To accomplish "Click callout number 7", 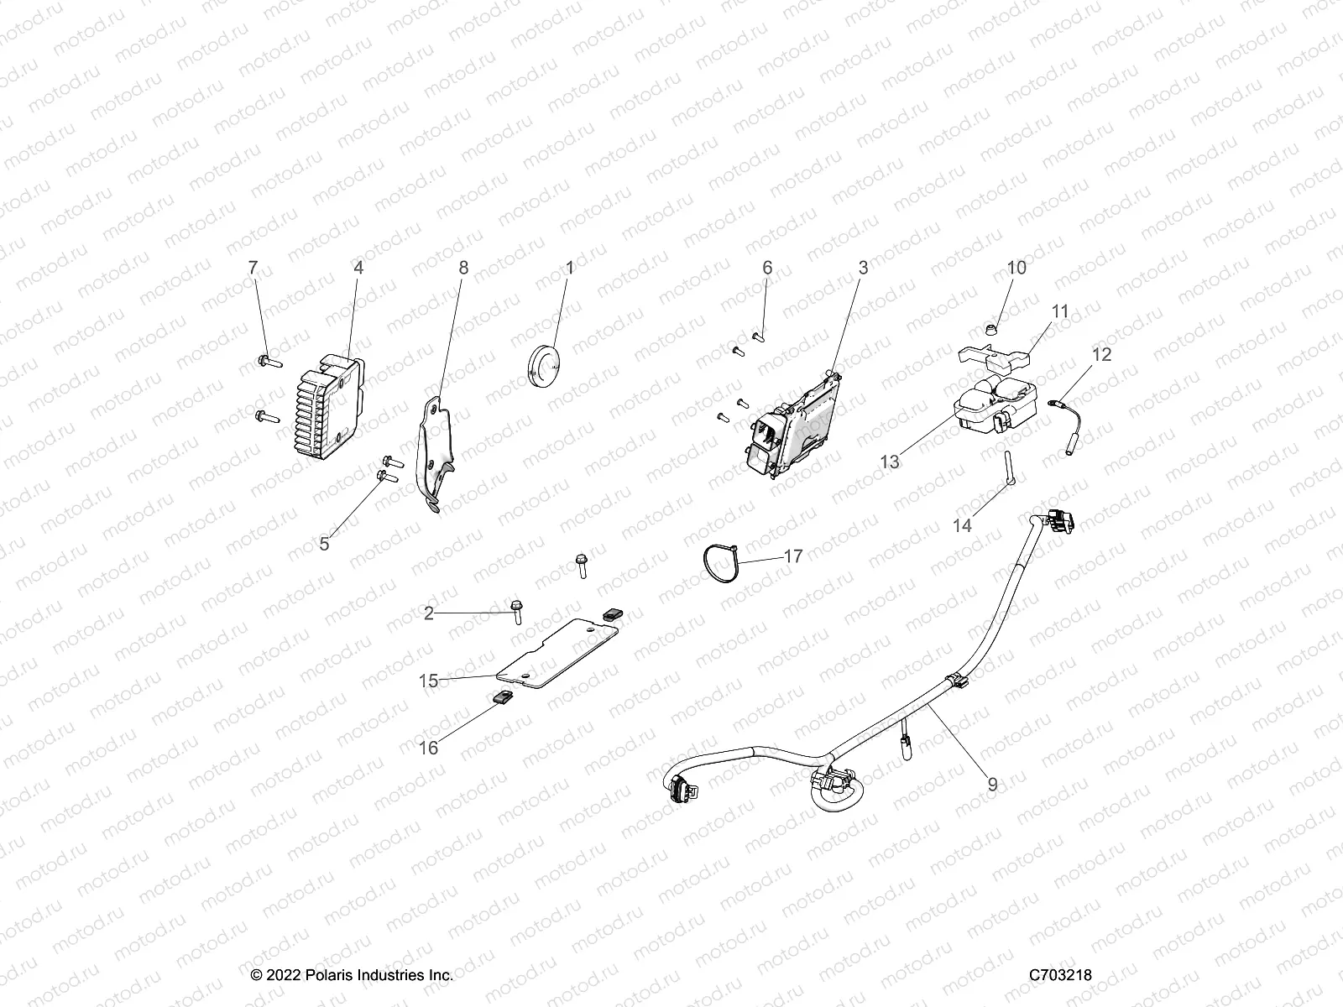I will [x=253, y=268].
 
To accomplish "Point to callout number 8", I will [x=463, y=268].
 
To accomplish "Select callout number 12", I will [x=1102, y=354].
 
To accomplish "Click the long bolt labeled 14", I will [x=1007, y=466].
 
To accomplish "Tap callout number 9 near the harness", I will [x=992, y=784].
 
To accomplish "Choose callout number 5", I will [x=324, y=543].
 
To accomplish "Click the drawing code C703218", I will [x=1061, y=974].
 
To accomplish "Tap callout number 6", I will [x=767, y=268].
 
